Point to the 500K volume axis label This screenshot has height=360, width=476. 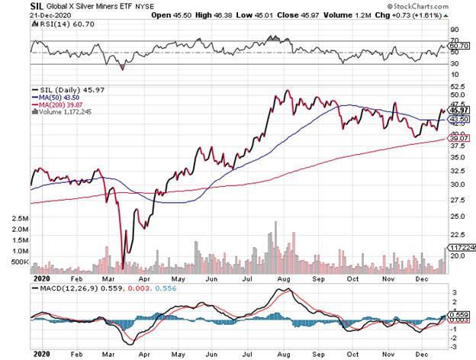click(x=18, y=262)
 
